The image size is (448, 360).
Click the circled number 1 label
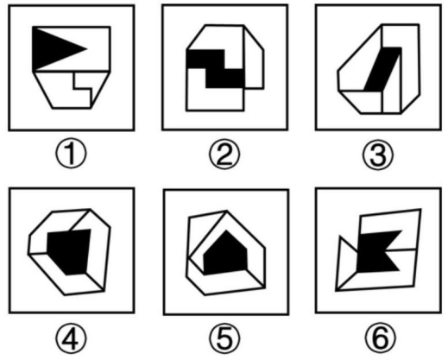click(71, 155)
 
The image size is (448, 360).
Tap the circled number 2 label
click(224, 155)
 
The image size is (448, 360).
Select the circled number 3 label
click(378, 155)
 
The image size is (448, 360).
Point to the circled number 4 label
click(71, 338)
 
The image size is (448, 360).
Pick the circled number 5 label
click(224, 338)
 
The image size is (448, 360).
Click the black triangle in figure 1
click(52, 48)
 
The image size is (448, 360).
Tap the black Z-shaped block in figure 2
click(216, 68)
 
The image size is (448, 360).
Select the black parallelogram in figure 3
click(382, 69)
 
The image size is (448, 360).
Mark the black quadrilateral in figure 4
click(70, 251)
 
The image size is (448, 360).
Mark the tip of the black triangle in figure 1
click(87, 48)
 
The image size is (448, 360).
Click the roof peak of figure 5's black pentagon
click(226, 231)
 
